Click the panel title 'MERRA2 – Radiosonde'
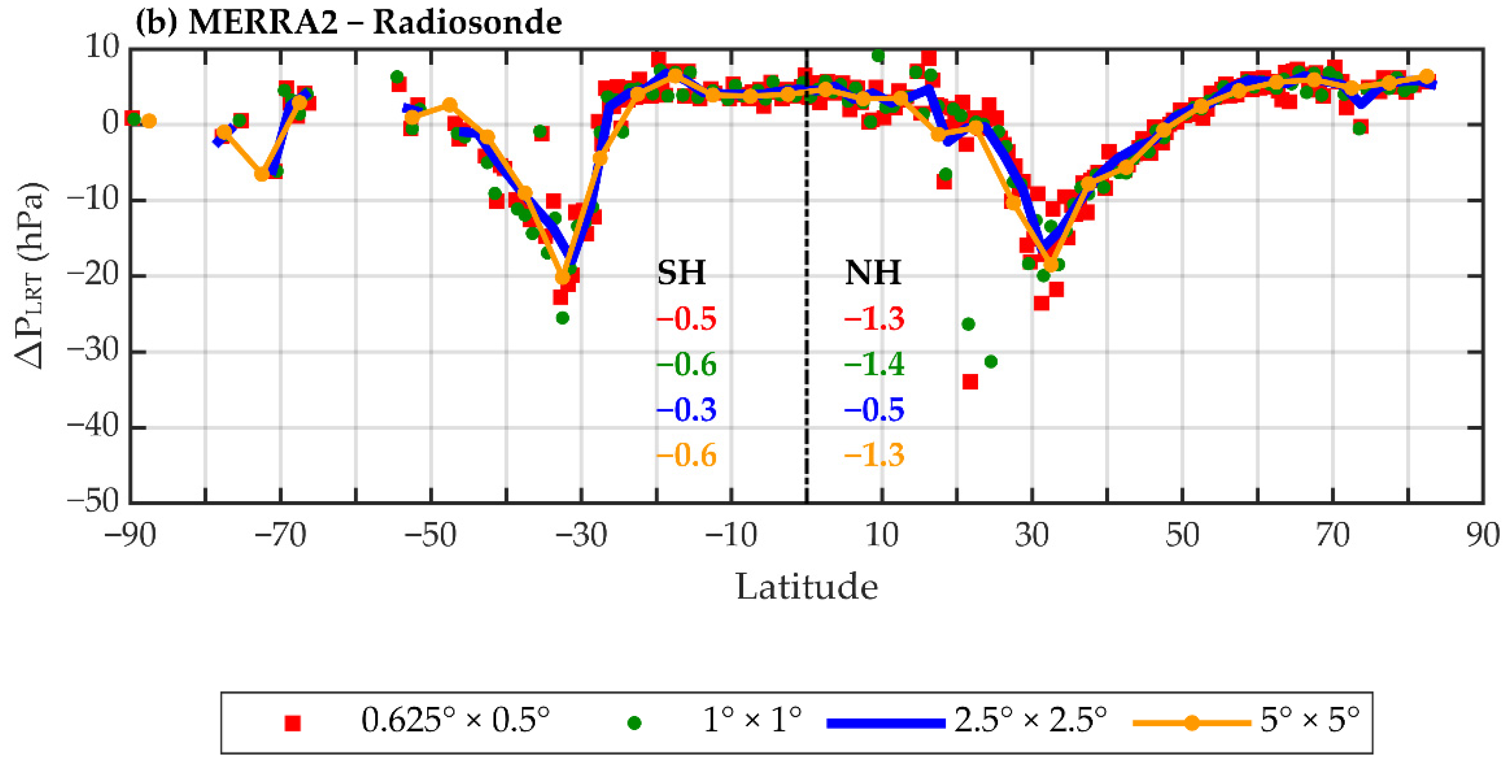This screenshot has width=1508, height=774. (375, 23)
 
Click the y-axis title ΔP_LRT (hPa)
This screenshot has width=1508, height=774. (30, 275)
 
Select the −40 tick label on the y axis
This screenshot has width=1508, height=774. (92, 427)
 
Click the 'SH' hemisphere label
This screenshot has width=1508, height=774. (681, 273)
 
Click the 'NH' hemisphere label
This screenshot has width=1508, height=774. (872, 273)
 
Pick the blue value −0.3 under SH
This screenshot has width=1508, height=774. (686, 410)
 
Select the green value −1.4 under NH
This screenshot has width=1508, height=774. (874, 364)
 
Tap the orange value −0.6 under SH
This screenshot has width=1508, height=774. (686, 455)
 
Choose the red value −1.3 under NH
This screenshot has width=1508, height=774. (874, 319)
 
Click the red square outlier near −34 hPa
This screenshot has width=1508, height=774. (970, 382)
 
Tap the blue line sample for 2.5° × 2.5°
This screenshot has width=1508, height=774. (885, 723)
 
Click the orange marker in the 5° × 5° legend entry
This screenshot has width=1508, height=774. (1191, 723)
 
